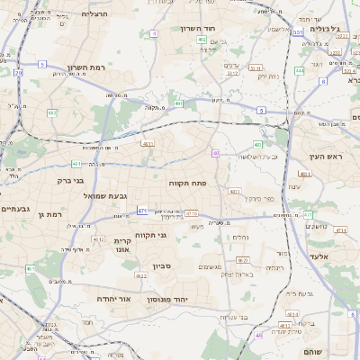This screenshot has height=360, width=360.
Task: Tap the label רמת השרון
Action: point(87,67)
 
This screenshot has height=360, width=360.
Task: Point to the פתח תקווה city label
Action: point(187,183)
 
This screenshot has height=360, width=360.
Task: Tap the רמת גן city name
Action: point(52,215)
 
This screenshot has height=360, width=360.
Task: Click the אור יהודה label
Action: point(114,297)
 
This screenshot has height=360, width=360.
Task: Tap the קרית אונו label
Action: point(123,246)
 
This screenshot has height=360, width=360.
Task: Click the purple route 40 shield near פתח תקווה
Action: point(216,154)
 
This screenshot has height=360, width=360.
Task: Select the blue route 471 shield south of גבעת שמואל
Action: point(141,211)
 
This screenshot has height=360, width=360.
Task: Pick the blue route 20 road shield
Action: point(18,73)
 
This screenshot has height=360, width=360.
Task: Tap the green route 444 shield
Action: point(299,69)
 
